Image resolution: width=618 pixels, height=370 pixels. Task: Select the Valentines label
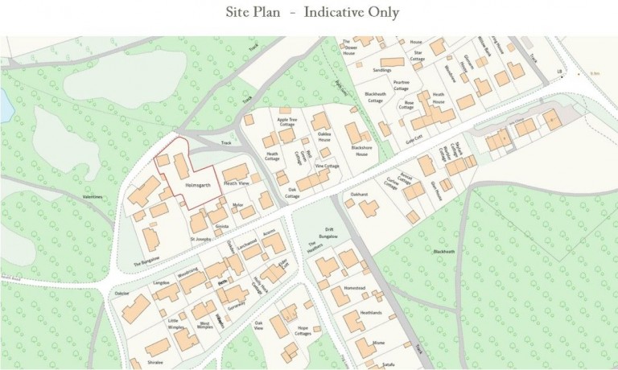coord(94,196)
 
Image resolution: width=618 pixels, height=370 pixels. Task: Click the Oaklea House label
coord(324,138)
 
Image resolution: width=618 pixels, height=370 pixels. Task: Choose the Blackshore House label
coord(360,150)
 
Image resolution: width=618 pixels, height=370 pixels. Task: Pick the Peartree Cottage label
coord(402,84)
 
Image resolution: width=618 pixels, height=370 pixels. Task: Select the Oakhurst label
coord(359,194)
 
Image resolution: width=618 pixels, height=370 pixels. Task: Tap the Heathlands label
coord(371,312)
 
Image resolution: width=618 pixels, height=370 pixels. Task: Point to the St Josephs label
coord(200,239)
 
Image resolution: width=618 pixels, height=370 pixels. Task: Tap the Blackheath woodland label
coord(444,252)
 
